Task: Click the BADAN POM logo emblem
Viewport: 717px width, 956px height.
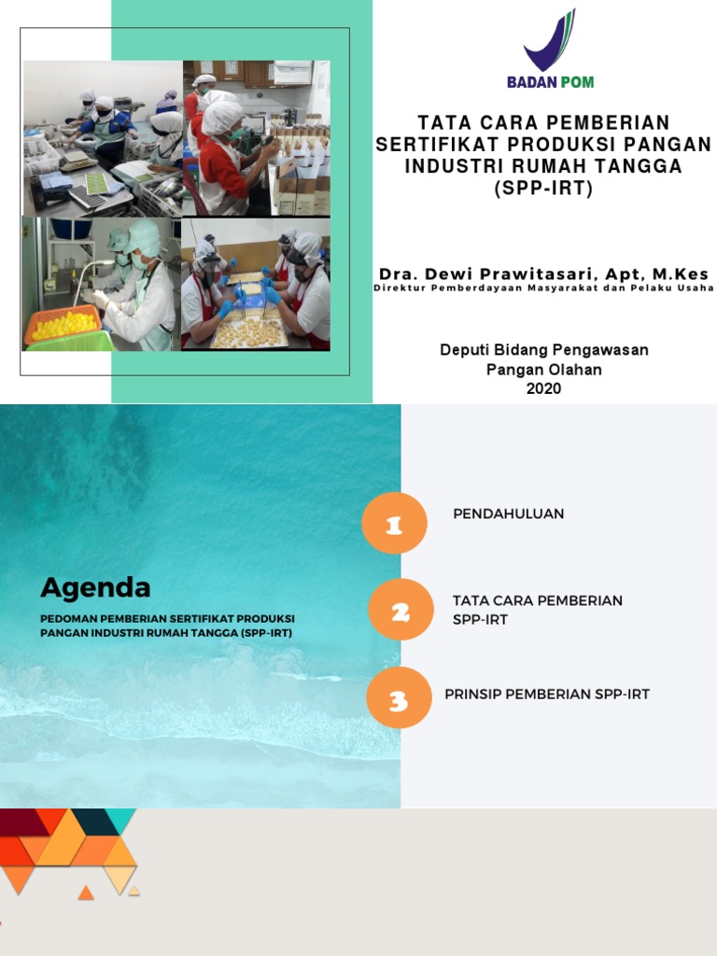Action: (551, 42)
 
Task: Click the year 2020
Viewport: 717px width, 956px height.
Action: (543, 388)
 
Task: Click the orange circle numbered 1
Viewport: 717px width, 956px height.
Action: (395, 524)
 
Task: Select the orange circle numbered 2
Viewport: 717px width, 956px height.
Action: (401, 611)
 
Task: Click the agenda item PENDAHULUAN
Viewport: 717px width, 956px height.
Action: (508, 513)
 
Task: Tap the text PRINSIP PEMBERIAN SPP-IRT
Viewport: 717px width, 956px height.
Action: (547, 694)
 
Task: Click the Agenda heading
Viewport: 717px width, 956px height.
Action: (95, 588)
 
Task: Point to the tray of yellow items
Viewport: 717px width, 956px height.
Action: (63, 325)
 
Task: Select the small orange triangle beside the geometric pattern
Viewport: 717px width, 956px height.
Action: (86, 893)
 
